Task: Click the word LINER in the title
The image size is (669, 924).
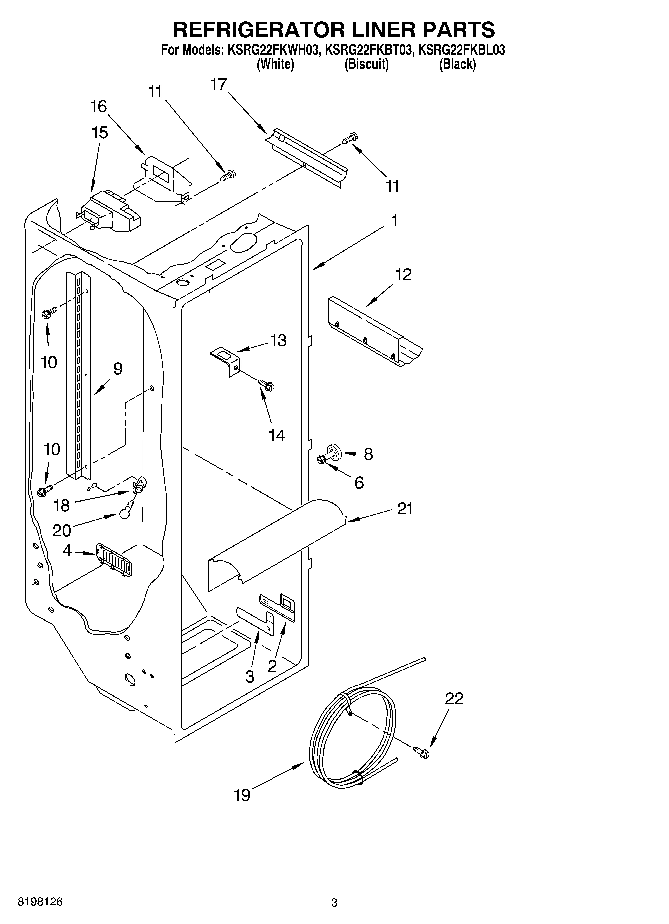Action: point(369,29)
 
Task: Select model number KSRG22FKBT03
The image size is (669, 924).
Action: point(369,50)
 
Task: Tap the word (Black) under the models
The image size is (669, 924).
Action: point(457,64)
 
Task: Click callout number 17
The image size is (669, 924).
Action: point(218,85)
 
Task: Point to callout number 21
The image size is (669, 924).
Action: point(405,509)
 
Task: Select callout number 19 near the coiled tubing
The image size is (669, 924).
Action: point(242,795)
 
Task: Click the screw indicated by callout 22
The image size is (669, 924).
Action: point(421,751)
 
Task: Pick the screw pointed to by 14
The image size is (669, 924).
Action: point(267,384)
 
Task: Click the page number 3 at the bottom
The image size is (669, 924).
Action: point(334,903)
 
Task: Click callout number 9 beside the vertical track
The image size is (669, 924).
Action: point(118,369)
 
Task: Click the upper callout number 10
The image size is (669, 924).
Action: point(49,362)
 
